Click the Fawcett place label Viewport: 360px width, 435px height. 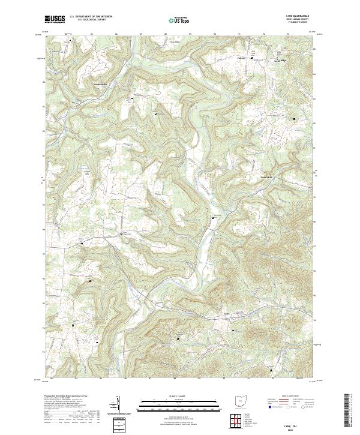(x=242, y=56)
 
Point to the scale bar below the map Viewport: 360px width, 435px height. (x=178, y=404)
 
